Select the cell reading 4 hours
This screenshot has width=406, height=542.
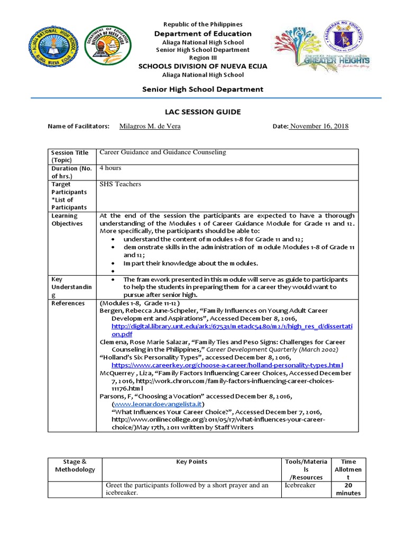coord(110,168)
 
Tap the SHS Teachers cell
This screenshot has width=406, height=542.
coord(121,184)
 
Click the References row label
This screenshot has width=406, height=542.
coord(68,303)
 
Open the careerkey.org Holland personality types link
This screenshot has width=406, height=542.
coord(227,365)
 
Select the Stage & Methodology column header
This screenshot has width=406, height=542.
coord(74,465)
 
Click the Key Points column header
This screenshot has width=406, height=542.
coord(192,462)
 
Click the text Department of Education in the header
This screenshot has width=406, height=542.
coord(202,34)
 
